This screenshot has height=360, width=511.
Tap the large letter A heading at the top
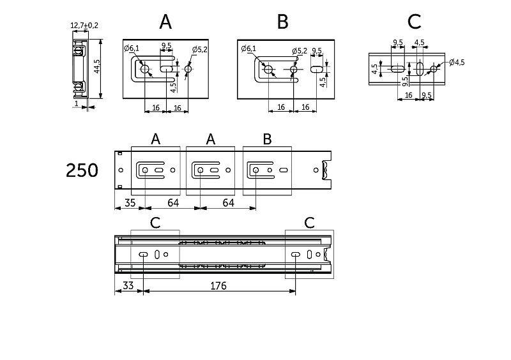pos(165,22)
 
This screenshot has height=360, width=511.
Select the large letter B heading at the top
pos(283,22)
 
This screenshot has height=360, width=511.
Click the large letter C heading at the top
pos(414,22)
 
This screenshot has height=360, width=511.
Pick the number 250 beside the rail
pos(82,170)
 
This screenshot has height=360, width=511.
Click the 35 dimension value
pos(130,204)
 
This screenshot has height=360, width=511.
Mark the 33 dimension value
pos(128,287)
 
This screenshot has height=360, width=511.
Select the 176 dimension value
pos(218,287)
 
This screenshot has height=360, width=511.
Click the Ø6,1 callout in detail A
pos(131,49)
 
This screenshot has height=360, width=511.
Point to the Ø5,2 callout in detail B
pos(300,50)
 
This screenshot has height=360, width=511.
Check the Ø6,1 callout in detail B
pos(248,49)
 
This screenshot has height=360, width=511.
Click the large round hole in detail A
pos(145,68)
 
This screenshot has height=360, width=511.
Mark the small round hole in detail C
pos(434,68)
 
